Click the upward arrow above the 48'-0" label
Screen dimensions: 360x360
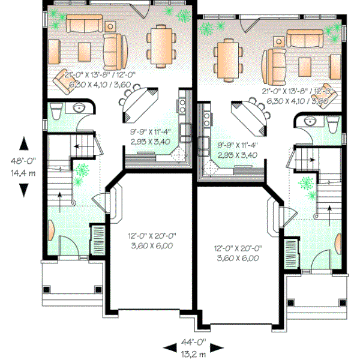(x=23, y=145)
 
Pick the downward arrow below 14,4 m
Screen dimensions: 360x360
(x=23, y=189)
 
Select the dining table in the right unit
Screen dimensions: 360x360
(x=227, y=59)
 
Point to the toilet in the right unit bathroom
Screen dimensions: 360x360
(x=333, y=123)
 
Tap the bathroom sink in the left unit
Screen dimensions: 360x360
(x=79, y=109)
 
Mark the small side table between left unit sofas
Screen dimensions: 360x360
(x=111, y=26)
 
